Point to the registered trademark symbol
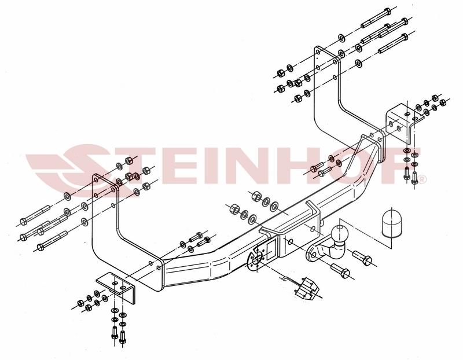click(423, 179)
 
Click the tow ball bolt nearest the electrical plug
click(340, 270)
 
